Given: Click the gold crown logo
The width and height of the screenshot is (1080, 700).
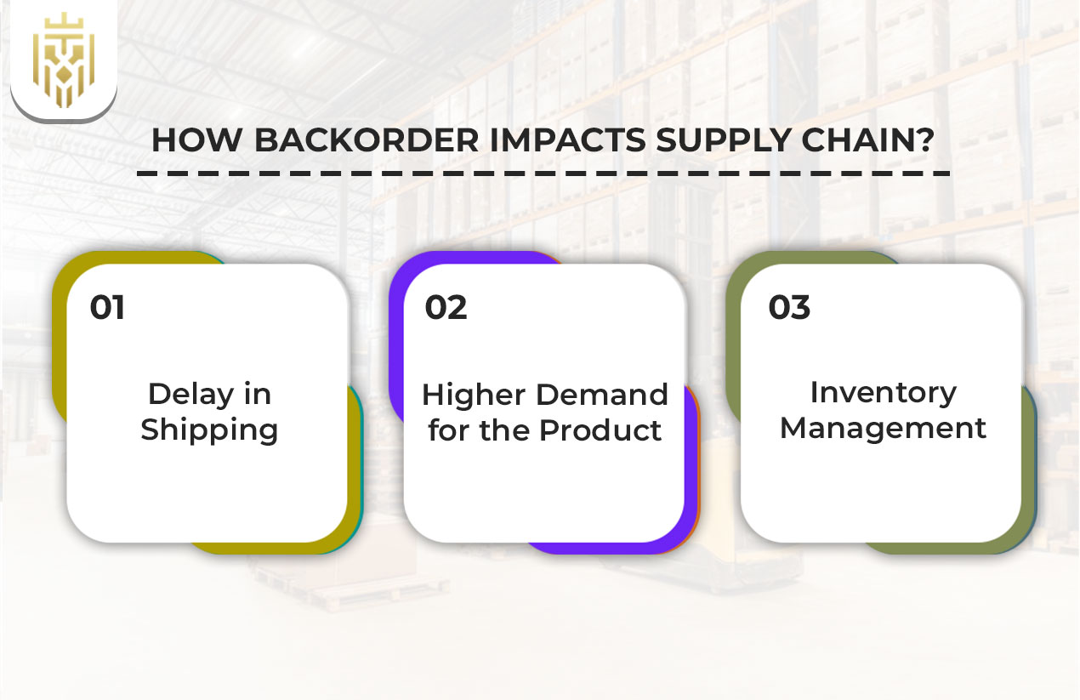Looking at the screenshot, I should click(64, 60).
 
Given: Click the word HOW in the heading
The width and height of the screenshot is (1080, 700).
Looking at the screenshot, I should click(196, 140).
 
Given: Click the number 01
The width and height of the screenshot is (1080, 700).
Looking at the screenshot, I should click(107, 307).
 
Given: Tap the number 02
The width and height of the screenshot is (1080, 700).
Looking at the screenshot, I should click(446, 307).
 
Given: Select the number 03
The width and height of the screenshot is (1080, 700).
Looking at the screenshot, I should click(789, 307).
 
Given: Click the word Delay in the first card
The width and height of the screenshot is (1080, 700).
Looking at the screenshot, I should click(186, 394).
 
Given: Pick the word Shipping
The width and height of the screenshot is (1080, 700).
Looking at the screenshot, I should click(209, 430).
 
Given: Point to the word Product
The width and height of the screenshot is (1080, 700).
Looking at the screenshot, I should click(600, 430).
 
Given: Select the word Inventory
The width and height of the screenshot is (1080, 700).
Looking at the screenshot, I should click(883, 392).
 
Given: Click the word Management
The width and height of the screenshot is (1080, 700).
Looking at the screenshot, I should click(883, 428).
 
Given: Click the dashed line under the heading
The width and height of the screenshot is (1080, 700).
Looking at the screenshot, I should click(543, 173).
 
